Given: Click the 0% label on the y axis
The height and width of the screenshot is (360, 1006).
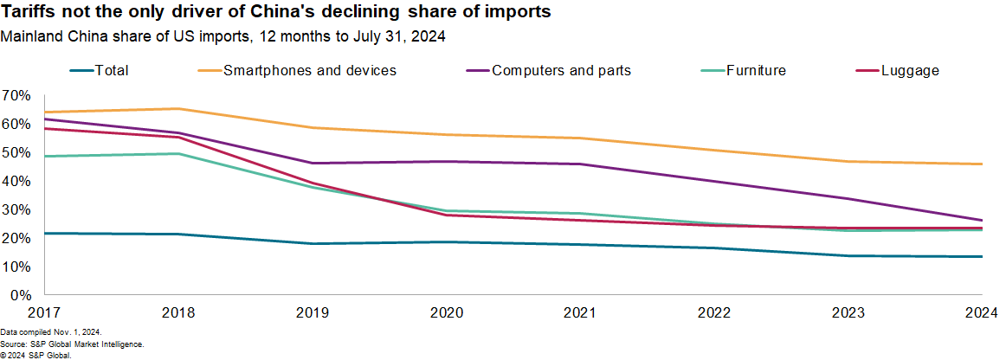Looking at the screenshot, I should click(20, 295).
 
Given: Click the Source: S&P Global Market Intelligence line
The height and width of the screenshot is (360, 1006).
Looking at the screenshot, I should click(71, 344).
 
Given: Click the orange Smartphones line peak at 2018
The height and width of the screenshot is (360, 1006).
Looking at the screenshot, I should click(178, 109).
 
